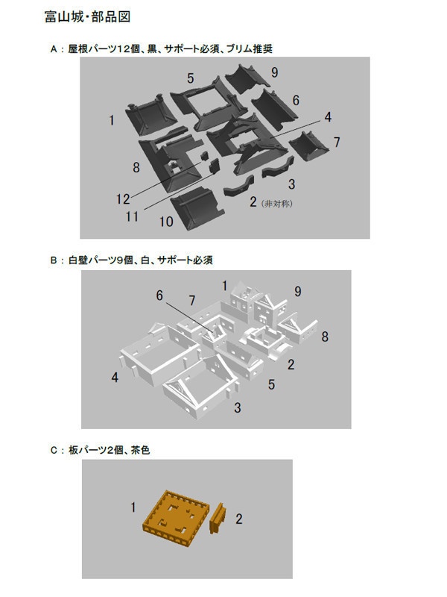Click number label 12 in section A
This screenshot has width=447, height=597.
point(124,199)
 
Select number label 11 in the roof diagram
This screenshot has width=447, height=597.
point(133,216)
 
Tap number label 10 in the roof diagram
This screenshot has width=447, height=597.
point(166,222)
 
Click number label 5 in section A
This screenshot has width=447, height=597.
point(191,78)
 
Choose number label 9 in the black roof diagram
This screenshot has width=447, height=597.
point(275,72)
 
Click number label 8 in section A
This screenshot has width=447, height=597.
point(136,168)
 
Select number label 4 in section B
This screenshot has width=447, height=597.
point(115,378)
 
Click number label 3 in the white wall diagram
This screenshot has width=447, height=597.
point(237,407)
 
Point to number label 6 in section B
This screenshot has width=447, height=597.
point(159,296)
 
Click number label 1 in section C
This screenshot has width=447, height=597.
point(133,507)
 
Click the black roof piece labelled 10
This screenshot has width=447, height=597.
point(194,208)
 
